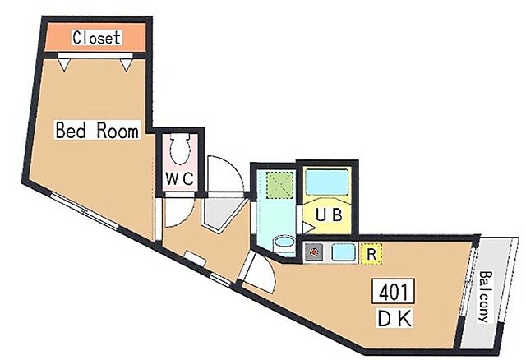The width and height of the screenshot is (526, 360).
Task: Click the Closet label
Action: (x=97, y=37)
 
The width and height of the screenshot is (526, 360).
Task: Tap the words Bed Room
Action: (x=97, y=130)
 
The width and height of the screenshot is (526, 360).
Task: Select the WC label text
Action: (x=179, y=178)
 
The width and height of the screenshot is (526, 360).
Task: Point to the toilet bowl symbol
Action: (x=180, y=149)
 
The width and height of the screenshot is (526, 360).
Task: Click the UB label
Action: (x=329, y=215)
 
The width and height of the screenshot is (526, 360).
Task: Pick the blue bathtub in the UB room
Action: (x=327, y=182)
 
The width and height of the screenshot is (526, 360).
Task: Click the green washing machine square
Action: (x=279, y=185)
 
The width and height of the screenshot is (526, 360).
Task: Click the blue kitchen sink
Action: (x=344, y=252)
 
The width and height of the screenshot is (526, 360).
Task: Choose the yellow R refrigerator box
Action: (x=371, y=254)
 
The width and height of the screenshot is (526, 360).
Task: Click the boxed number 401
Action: (x=393, y=291)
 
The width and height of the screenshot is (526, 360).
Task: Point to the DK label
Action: (x=394, y=318)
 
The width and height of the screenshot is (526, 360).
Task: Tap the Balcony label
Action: (x=484, y=296)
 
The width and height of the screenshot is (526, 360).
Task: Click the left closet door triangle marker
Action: (x=64, y=63)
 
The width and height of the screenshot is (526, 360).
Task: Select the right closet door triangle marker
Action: (x=127, y=63)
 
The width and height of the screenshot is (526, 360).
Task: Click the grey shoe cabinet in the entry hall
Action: (x=220, y=212)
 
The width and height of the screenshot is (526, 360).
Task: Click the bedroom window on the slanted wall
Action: (x=84, y=210)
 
